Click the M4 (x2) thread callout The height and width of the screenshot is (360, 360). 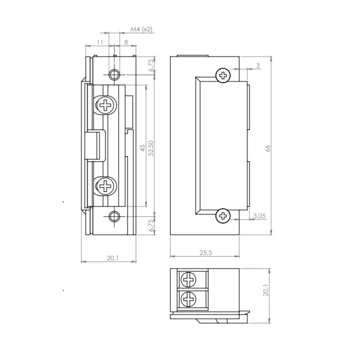pyautogui.click(x=141, y=29)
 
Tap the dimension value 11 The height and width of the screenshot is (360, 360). pyautogui.click(x=100, y=42)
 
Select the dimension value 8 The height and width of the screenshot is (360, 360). pyautogui.click(x=126, y=42)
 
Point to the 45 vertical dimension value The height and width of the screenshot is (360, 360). pyautogui.click(x=143, y=148)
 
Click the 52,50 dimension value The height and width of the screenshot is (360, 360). pyautogui.click(x=151, y=148)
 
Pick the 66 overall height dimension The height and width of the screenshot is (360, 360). pyautogui.click(x=268, y=148)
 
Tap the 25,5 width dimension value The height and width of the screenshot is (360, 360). pyautogui.click(x=206, y=253)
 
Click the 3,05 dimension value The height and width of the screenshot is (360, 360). pyautogui.click(x=260, y=216)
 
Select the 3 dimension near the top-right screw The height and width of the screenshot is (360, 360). pyautogui.click(x=258, y=65)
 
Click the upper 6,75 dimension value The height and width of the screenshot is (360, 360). pyautogui.click(x=151, y=65)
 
